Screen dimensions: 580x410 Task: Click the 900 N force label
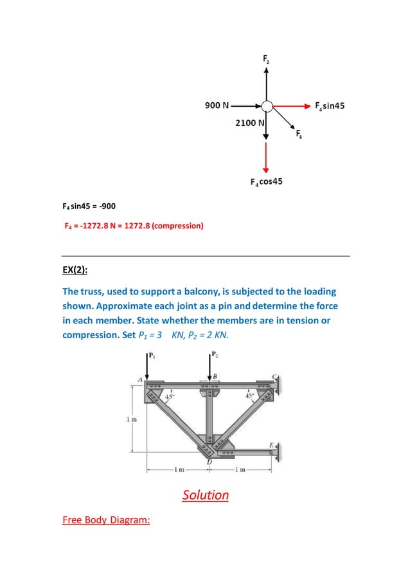[217, 105]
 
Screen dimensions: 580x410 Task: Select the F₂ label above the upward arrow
[266, 60]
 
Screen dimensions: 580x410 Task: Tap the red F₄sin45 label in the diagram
[330, 105]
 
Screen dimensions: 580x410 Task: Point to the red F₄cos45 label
[266, 182]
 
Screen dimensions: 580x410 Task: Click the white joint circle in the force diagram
[267, 105]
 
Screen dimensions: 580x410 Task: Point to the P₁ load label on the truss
[152, 354]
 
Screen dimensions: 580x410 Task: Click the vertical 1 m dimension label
[128, 419]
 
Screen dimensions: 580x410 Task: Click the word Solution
[205, 495]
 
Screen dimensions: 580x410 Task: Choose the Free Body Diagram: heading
[106, 520]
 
